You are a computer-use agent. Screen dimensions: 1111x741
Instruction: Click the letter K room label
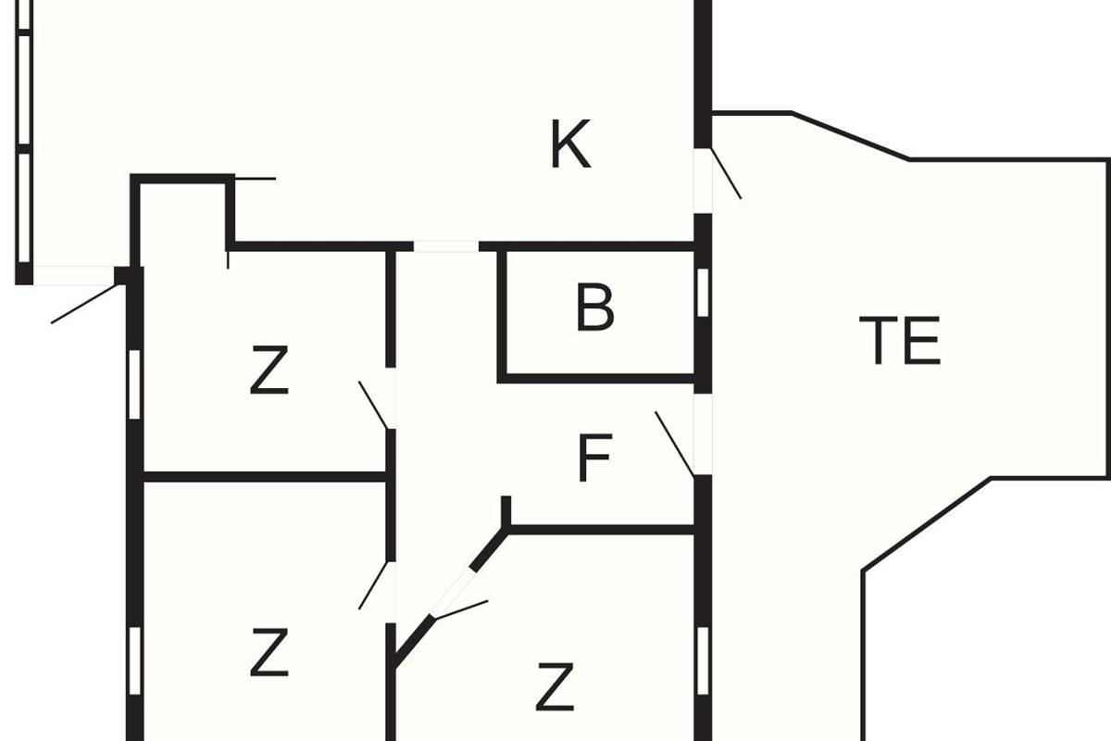pyautogui.click(x=571, y=144)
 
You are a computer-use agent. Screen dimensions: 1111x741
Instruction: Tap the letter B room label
pyautogui.click(x=595, y=307)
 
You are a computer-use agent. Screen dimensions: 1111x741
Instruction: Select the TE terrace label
pyautogui.click(x=900, y=341)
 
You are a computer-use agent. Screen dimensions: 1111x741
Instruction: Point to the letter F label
pyautogui.click(x=595, y=458)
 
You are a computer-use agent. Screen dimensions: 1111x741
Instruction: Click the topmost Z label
pyautogui.click(x=268, y=370)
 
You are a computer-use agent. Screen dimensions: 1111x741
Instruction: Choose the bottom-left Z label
pyautogui.click(x=268, y=652)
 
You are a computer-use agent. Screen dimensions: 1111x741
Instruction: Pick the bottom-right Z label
pyautogui.click(x=555, y=687)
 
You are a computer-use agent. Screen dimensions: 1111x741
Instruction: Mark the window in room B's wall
pyautogui.click(x=703, y=293)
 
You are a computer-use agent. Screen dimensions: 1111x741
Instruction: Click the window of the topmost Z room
pyautogui.click(x=134, y=384)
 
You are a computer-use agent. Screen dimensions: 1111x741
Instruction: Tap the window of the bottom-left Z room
pyautogui.click(x=134, y=661)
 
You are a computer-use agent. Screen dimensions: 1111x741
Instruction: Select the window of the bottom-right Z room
pyautogui.click(x=703, y=661)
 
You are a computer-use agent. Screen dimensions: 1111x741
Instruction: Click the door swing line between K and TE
pyautogui.click(x=727, y=173)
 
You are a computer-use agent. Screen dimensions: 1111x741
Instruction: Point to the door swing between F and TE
pyautogui.click(x=675, y=444)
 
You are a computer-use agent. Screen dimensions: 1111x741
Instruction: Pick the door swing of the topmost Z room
pyautogui.click(x=373, y=405)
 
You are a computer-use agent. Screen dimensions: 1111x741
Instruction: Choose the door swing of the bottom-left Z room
pyautogui.click(x=373, y=585)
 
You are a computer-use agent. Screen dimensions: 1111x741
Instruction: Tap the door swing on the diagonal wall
pyautogui.click(x=461, y=610)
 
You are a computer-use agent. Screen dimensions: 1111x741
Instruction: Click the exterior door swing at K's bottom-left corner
pyautogui.click(x=84, y=304)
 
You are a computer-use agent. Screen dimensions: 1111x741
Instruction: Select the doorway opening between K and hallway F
pyautogui.click(x=446, y=246)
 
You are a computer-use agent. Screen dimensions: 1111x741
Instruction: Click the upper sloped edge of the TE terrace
pyautogui.click(x=850, y=136)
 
